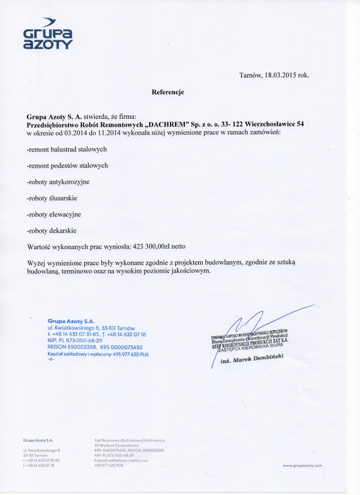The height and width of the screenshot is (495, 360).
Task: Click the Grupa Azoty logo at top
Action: (x=48, y=34)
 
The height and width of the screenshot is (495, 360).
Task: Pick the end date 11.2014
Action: (x=107, y=133)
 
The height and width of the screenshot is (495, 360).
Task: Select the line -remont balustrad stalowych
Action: (x=67, y=150)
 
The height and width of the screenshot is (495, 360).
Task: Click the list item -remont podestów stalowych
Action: (x=67, y=166)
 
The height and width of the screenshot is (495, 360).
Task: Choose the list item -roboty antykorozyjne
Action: (x=58, y=182)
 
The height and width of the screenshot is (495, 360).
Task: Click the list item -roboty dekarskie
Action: (x=52, y=230)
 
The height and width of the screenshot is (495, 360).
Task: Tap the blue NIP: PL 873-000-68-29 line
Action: (x=75, y=341)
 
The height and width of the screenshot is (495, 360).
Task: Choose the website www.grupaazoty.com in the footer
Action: (x=302, y=465)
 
